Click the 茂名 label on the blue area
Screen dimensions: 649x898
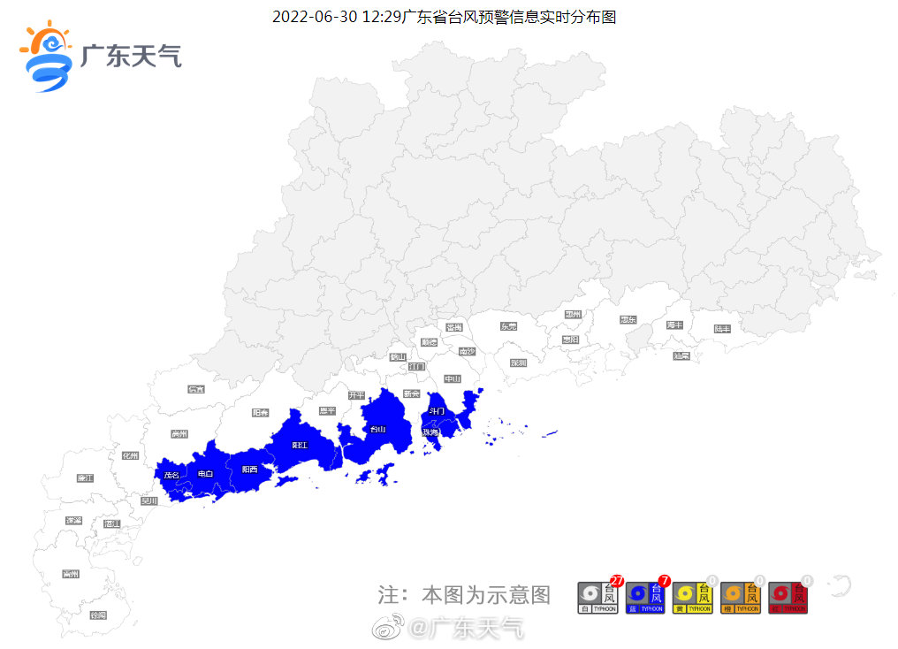171,475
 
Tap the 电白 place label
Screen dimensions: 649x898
205,474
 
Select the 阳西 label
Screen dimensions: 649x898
249,470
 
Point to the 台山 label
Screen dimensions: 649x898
377,430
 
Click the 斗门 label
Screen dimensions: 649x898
437,411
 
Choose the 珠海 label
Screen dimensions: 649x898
430,433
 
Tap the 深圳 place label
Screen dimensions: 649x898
518,363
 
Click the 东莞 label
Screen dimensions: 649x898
508,326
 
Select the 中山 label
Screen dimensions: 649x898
453,378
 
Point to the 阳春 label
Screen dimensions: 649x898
260,412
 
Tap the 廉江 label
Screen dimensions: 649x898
85,478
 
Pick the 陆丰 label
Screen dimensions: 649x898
722,329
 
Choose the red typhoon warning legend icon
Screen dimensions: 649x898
788,598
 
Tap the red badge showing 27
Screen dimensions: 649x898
617,581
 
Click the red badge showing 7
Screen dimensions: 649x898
665,581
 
